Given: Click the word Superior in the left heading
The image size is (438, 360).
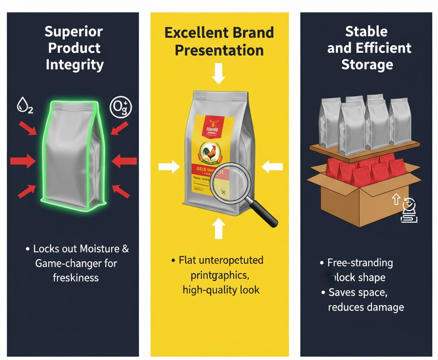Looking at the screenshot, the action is [x=74, y=32].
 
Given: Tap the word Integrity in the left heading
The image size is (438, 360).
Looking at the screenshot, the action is [x=75, y=64].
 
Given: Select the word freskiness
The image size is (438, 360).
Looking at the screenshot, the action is [x=75, y=277].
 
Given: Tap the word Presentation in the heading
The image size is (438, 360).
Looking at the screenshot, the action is [x=219, y=50].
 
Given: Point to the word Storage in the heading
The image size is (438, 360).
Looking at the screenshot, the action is [x=367, y=64].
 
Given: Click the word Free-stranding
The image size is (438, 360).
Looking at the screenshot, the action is [x=360, y=263].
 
